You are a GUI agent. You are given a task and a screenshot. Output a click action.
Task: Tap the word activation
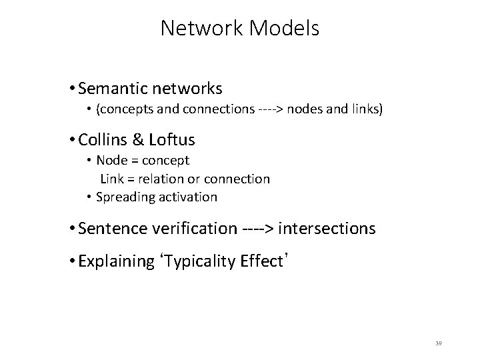click(x=187, y=197)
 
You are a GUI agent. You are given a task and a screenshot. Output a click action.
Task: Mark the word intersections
click(x=327, y=229)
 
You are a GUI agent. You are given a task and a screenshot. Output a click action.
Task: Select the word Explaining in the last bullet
click(x=116, y=261)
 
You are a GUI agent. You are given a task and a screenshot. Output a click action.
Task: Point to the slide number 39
click(x=439, y=343)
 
